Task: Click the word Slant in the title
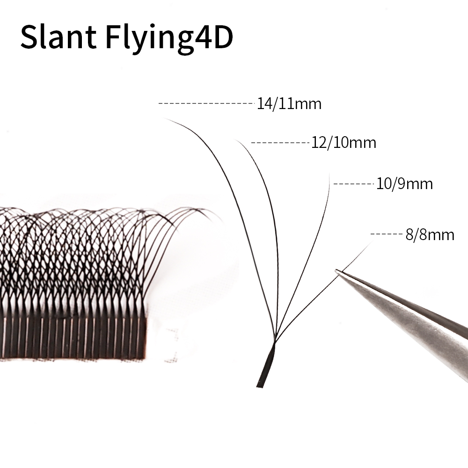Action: point(58,37)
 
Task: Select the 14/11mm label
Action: point(289,104)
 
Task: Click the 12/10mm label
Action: point(344,143)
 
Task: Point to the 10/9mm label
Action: point(404,183)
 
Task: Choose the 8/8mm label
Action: point(430,234)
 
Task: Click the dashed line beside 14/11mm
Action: point(206,103)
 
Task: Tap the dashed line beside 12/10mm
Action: point(280,143)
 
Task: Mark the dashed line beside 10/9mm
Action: point(354,184)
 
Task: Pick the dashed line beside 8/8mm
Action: point(387,234)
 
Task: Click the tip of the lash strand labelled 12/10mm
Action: point(235,139)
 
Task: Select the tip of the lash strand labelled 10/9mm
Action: point(329,174)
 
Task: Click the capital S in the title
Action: point(29,37)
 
